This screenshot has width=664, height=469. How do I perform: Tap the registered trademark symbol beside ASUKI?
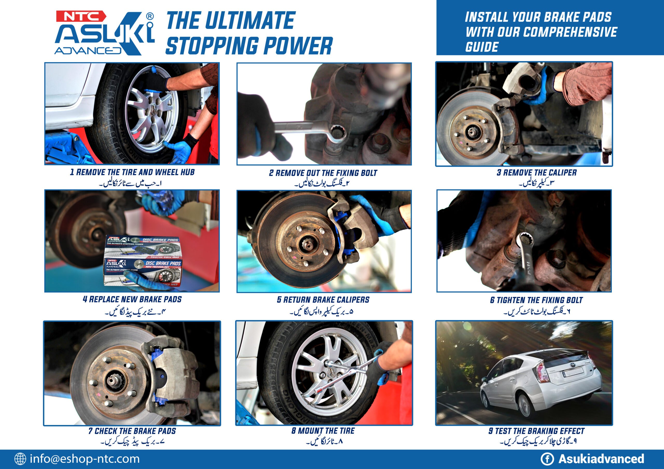point(150,17)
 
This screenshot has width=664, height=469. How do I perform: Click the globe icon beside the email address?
point(20,459)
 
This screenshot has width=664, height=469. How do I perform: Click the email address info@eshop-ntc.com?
point(85,459)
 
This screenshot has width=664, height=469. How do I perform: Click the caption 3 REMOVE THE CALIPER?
point(537,173)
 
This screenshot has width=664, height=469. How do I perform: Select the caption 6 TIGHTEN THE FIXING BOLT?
point(536,300)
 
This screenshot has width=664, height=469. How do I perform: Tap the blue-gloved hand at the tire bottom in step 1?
point(179,150)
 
